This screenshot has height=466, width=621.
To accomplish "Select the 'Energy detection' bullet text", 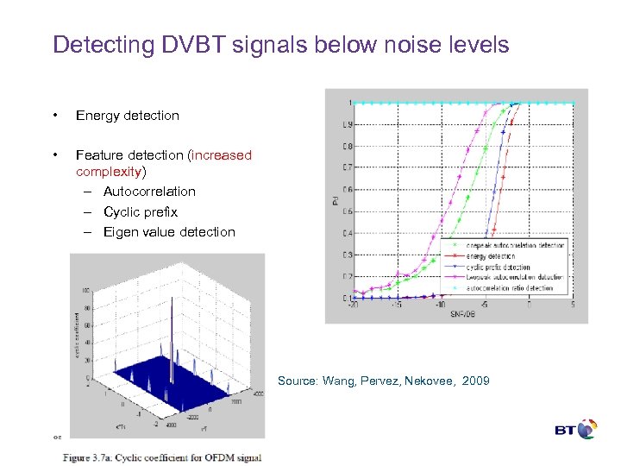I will [127, 116].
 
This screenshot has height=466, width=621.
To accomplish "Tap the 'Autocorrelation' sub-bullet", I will [149, 192].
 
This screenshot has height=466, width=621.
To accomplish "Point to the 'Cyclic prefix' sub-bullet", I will [140, 211].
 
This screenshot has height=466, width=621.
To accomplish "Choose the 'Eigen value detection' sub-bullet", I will [168, 232].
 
